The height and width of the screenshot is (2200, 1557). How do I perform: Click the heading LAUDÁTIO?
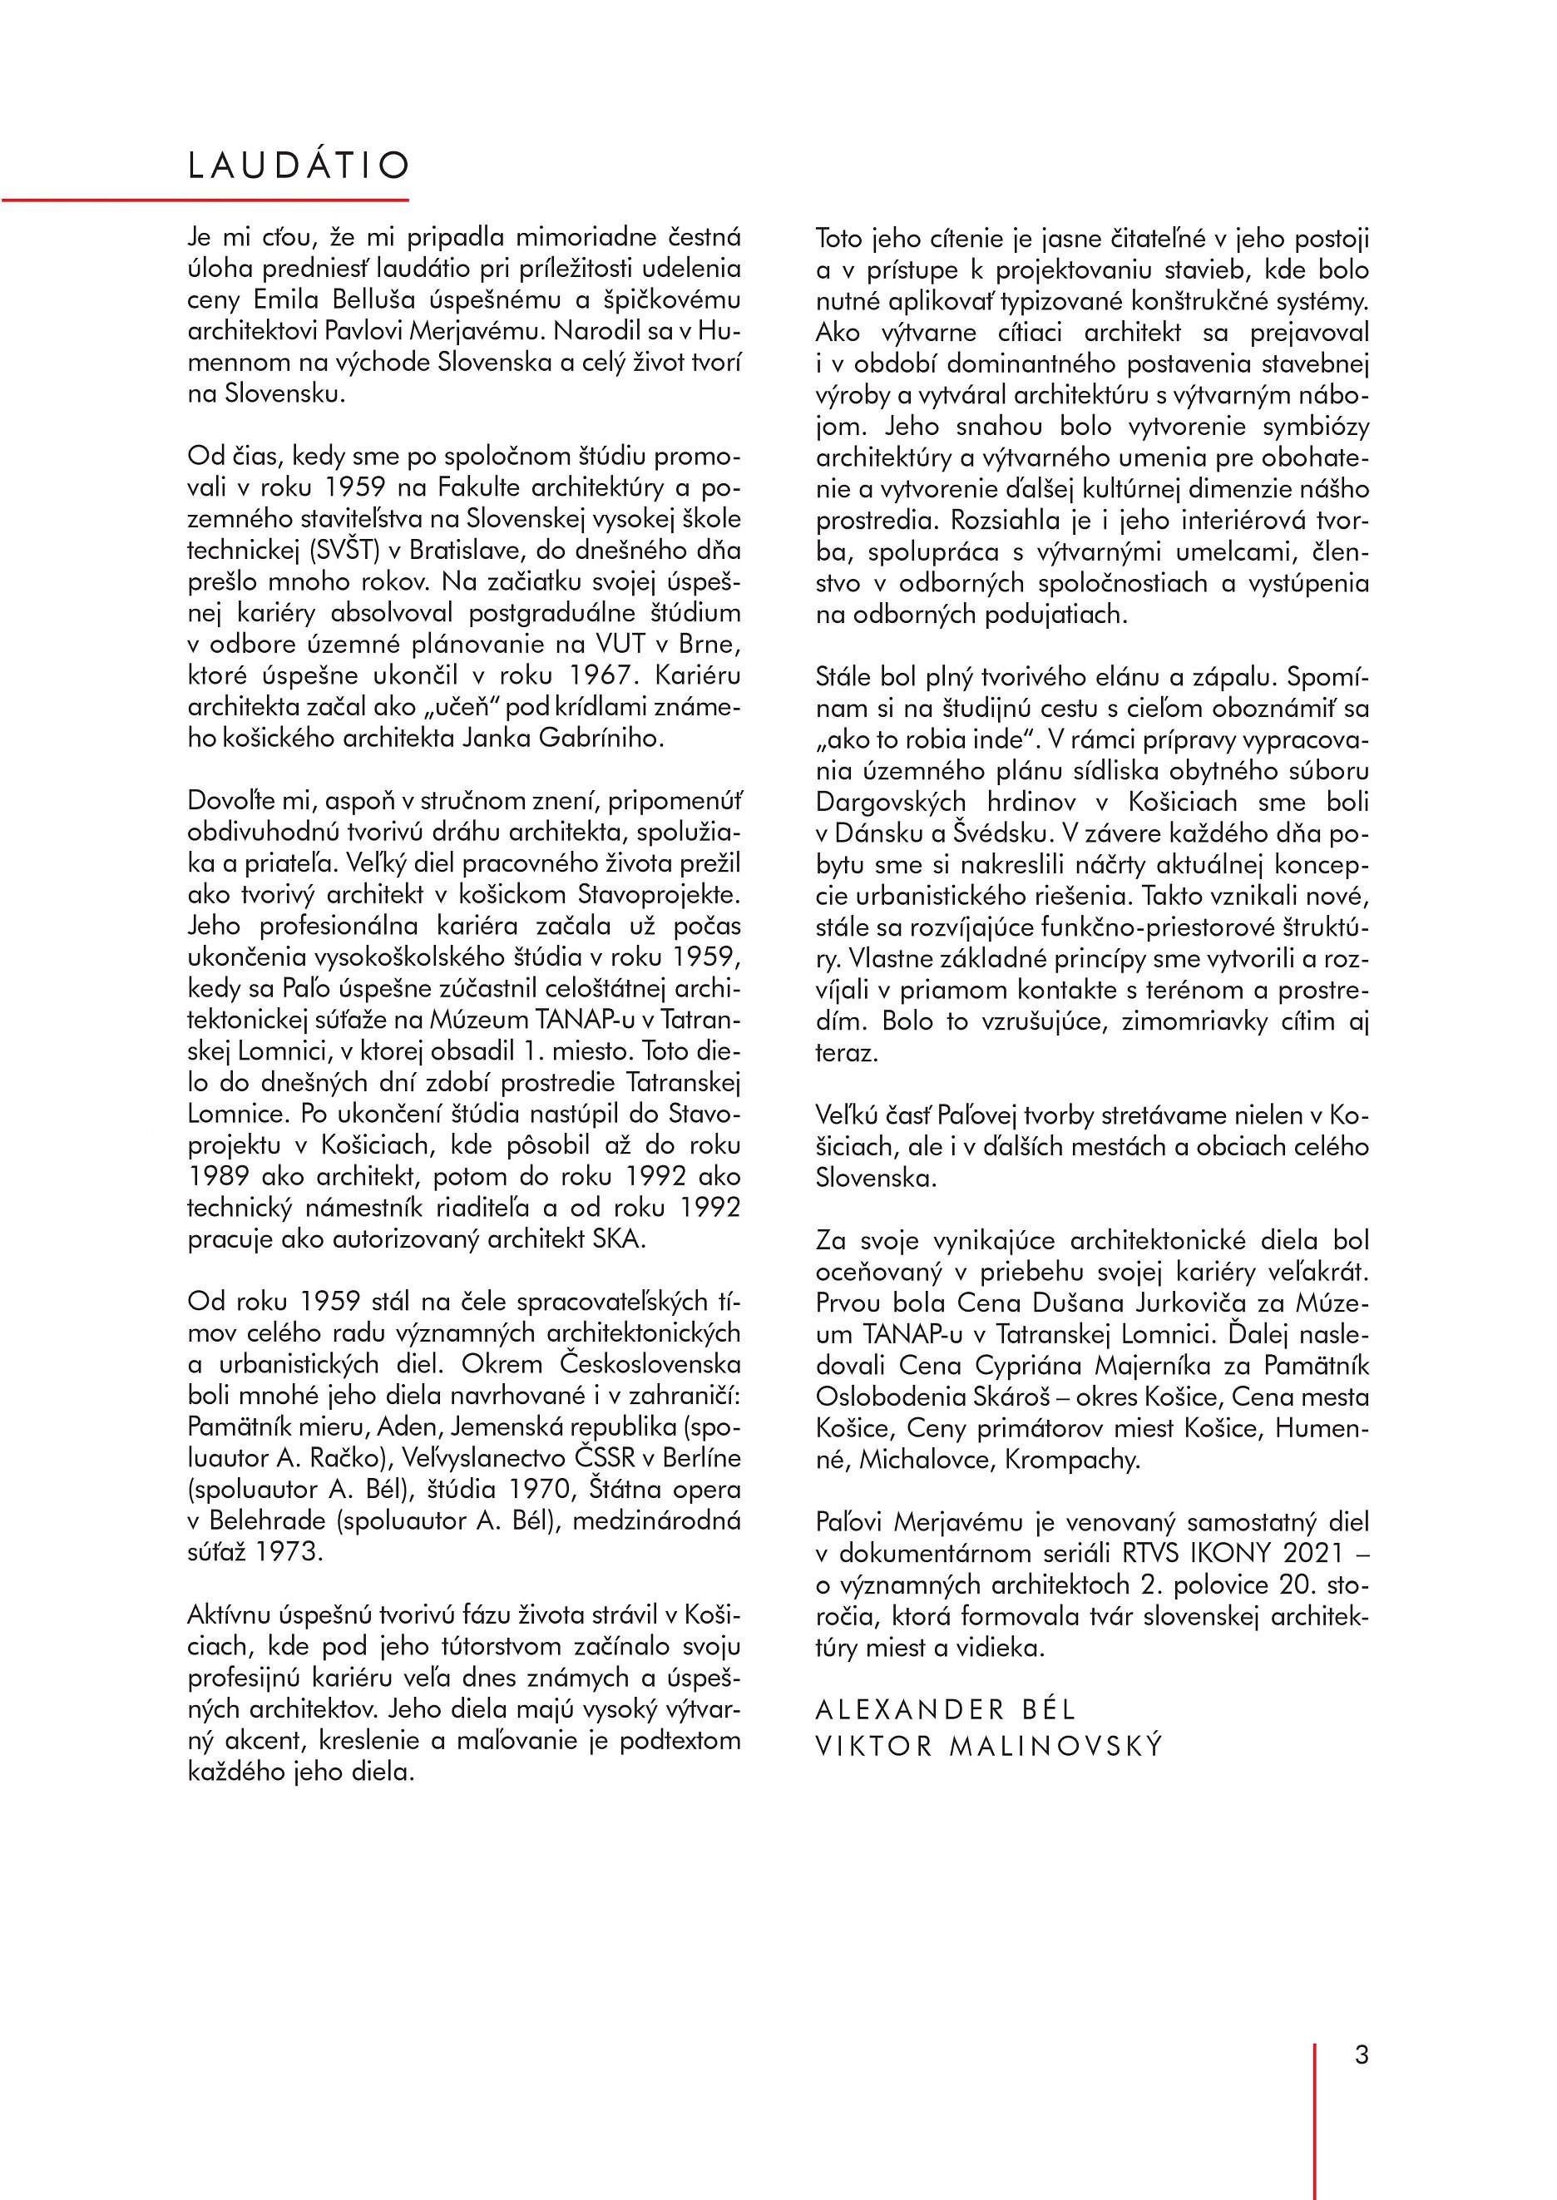tap(298, 166)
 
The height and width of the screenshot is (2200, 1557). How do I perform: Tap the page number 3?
tap(1362, 2054)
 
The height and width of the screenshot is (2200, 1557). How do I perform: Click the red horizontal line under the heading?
tap(205, 200)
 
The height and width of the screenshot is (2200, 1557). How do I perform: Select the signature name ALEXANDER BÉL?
tap(946, 1709)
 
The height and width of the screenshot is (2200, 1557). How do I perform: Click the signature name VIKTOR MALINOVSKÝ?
tap(988, 1746)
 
